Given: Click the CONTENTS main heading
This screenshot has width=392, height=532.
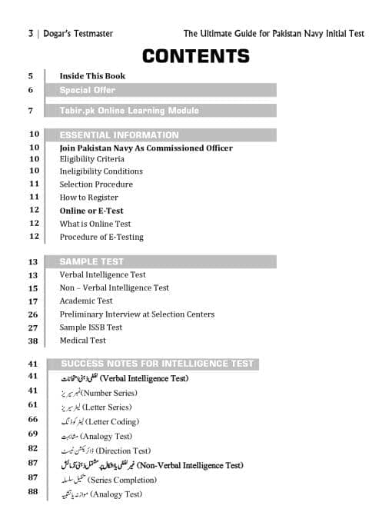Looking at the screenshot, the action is click(196, 56).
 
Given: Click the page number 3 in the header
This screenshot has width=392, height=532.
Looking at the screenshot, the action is click(30, 34).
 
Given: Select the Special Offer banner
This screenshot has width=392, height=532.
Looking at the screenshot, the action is click(88, 90).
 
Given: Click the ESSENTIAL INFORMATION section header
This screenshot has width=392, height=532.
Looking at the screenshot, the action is click(119, 135).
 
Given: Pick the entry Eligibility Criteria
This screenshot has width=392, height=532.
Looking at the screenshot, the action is click(91, 158).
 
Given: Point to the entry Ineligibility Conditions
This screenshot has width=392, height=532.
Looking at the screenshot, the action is click(101, 171).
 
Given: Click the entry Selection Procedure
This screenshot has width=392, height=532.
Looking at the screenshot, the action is click(96, 185).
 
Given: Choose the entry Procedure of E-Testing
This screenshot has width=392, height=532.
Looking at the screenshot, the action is click(101, 237).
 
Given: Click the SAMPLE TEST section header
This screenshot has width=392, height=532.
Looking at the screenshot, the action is click(91, 262).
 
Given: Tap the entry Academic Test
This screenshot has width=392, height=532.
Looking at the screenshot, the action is click(86, 301).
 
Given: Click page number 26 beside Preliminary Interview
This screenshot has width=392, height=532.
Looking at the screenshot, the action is click(33, 314).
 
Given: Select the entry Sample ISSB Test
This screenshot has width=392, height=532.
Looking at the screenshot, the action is click(91, 328).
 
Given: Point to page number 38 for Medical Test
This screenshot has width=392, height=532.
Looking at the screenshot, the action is click(33, 341).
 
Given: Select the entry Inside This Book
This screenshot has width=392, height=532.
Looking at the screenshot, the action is click(92, 76).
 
